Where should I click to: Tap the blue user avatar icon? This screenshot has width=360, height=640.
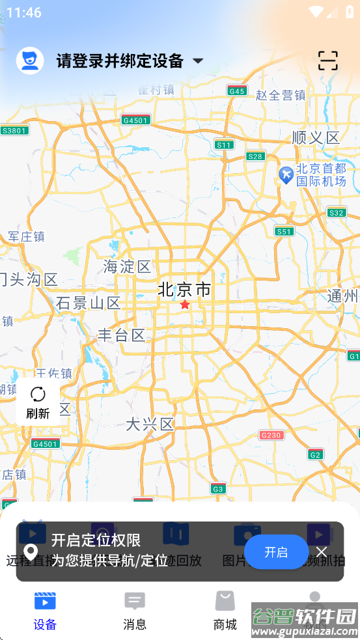pyautogui.click(x=30, y=61)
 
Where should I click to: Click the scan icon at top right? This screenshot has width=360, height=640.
pyautogui.click(x=328, y=61)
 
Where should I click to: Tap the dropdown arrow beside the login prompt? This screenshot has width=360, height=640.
pyautogui.click(x=198, y=61)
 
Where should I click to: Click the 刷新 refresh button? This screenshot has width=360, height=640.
pyautogui.click(x=38, y=402)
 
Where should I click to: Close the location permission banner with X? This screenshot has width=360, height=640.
pyautogui.click(x=322, y=552)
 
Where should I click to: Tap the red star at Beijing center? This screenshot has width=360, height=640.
pyautogui.click(x=185, y=305)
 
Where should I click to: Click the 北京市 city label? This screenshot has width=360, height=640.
pyautogui.click(x=185, y=289)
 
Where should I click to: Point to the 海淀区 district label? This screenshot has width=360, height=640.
pyautogui.click(x=127, y=266)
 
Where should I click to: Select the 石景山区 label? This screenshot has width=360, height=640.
pyautogui.click(x=89, y=303)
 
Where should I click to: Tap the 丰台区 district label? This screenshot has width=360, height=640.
pyautogui.click(x=122, y=335)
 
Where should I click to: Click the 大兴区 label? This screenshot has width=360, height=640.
pyautogui.click(x=150, y=424)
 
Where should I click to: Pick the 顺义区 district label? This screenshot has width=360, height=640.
pyautogui.click(x=316, y=137)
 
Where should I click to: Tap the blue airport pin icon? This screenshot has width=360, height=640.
pyautogui.click(x=285, y=174)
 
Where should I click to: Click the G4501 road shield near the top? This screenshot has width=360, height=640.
pyautogui.click(x=136, y=120)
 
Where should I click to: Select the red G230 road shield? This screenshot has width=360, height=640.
pyautogui.click(x=271, y=435)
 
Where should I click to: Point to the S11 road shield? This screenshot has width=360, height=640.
pyautogui.click(x=224, y=145)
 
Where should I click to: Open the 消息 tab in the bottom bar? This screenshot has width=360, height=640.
pyautogui.click(x=135, y=611)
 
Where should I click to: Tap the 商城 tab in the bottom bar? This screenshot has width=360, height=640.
pyautogui.click(x=225, y=611)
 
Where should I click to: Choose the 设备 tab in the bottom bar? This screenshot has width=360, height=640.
pyautogui.click(x=45, y=611)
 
